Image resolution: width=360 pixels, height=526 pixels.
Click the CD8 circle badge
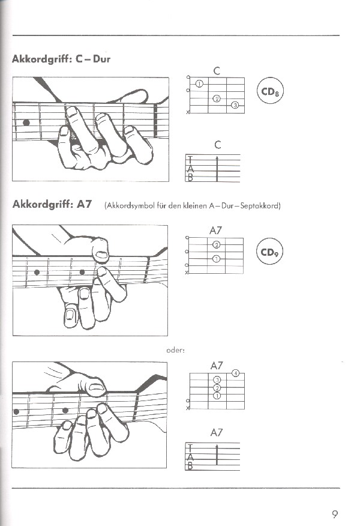[x=271, y=92]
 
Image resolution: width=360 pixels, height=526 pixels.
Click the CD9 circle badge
[x=271, y=252]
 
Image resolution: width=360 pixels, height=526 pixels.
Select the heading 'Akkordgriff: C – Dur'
[x=61, y=59]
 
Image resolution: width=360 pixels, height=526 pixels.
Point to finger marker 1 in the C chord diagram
[x=199, y=84]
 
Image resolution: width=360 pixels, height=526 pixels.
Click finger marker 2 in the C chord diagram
[x=217, y=98]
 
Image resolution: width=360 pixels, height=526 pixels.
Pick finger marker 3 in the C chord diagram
[x=235, y=106]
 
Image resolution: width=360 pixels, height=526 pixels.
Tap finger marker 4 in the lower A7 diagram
[x=236, y=373]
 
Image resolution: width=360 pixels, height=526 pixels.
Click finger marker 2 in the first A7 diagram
[x=217, y=244]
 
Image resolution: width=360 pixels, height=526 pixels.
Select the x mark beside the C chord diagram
[x=188, y=113]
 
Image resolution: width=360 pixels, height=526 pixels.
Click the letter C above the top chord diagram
[x=217, y=71]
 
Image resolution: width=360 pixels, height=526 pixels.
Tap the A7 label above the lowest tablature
[x=217, y=432]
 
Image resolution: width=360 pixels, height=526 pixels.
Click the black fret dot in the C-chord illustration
[x=26, y=123]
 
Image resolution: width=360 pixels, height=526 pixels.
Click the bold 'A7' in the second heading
[x=85, y=204]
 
